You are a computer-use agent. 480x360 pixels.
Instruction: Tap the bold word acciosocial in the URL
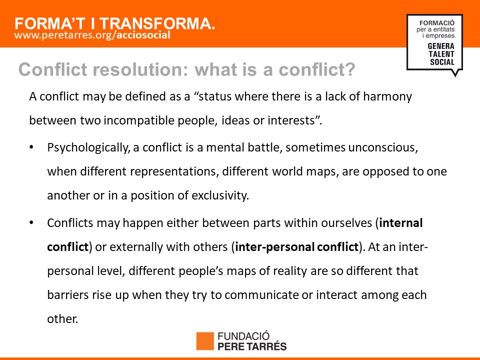[x=143, y=35]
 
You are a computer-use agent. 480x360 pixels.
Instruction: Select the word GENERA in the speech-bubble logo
[x=441, y=46]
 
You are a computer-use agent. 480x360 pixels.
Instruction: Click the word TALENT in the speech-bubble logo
[x=441, y=54]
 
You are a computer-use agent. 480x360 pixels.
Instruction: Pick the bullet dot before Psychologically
[x=31, y=147]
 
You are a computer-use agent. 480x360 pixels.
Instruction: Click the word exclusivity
[x=220, y=195]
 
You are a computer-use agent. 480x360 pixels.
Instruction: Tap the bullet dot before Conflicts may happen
[x=31, y=222]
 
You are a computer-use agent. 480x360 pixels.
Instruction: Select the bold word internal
[x=400, y=223]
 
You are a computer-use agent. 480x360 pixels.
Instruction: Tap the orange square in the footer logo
[x=205, y=341]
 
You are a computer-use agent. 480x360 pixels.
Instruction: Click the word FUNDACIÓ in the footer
[x=243, y=336]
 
